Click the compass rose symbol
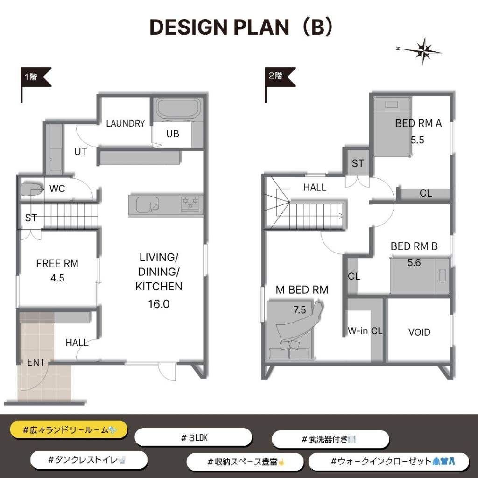pyautogui.click(x=422, y=51)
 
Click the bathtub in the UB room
pyautogui.click(x=178, y=108)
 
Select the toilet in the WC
pyautogui.click(x=31, y=190)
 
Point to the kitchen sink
pyautogui.click(x=147, y=204)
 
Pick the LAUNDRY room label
pyautogui.click(x=125, y=123)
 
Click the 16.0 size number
pyautogui.click(x=159, y=304)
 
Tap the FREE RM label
pyautogui.click(x=57, y=263)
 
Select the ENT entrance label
pyautogui.click(x=36, y=362)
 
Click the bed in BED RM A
pyautogui.click(x=392, y=127)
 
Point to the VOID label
pyautogui.click(x=419, y=332)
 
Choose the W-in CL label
pyautogui.click(x=365, y=331)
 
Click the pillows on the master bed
pyautogui.click(x=289, y=345)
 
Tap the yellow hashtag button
pyautogui.click(x=69, y=430)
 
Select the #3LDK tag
pyautogui.click(x=193, y=438)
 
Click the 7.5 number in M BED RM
pyautogui.click(x=299, y=310)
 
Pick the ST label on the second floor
pyautogui.click(x=358, y=163)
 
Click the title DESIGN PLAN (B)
pyautogui.click(x=241, y=27)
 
